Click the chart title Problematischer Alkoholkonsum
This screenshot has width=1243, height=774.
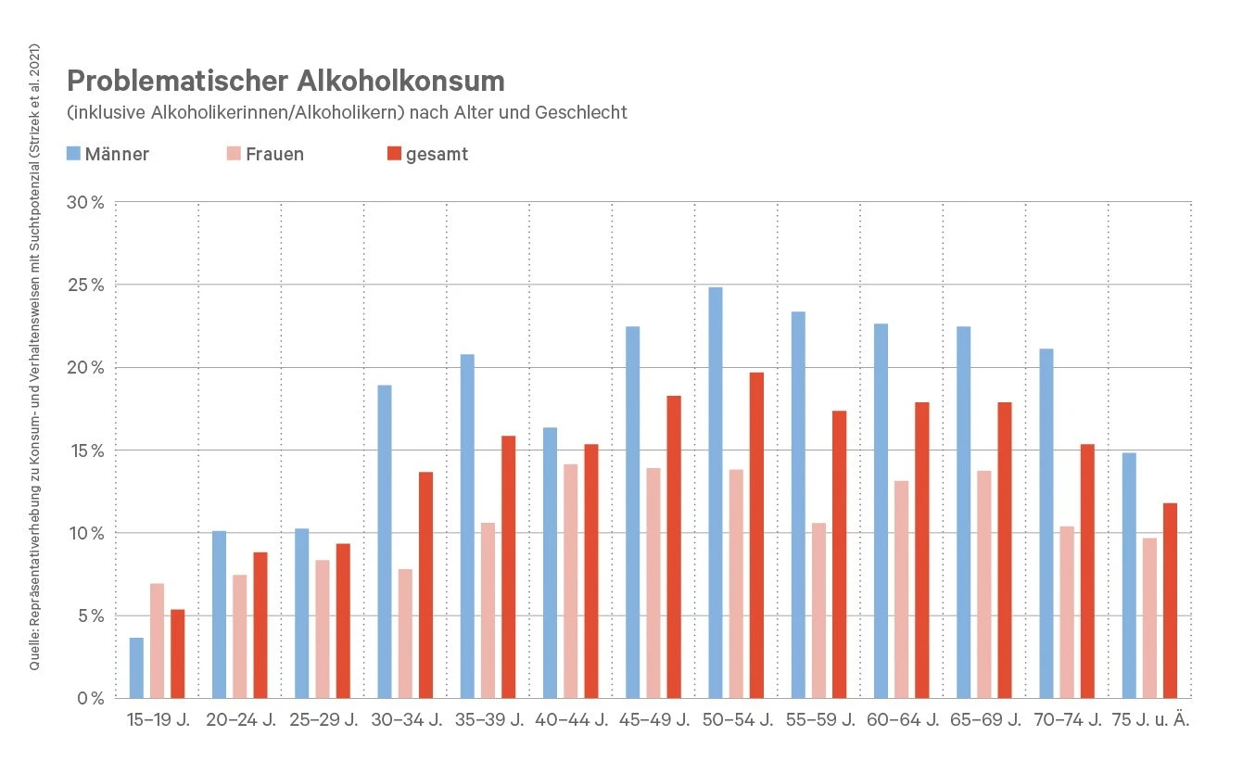click(285, 82)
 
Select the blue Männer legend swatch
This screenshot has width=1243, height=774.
click(74, 153)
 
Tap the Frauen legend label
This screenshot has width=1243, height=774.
click(274, 154)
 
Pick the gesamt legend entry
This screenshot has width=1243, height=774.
click(437, 154)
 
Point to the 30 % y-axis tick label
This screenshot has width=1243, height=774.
click(85, 202)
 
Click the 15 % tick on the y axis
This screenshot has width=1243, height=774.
click(85, 450)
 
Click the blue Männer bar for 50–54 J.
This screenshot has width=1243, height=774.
click(716, 492)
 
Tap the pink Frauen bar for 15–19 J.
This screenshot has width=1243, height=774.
click(157, 641)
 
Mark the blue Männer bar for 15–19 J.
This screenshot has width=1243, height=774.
click(136, 667)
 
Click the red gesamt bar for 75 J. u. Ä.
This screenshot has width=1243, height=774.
click(1170, 601)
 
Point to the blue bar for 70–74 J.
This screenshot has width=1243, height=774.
click(1046, 523)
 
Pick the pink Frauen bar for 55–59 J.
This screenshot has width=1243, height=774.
click(818, 610)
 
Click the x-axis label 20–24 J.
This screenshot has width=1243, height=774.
click(240, 719)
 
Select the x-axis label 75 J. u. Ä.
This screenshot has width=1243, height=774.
click(1149, 719)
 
